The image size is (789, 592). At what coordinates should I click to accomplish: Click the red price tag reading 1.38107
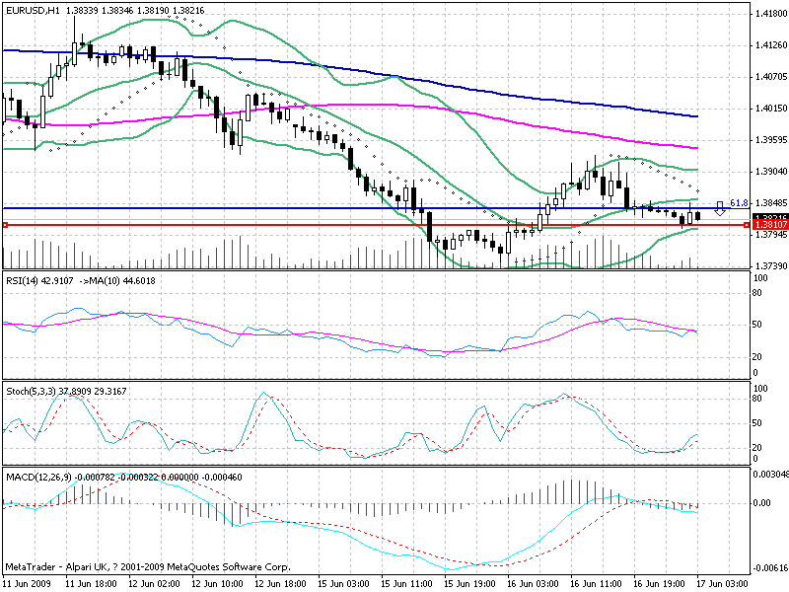769,225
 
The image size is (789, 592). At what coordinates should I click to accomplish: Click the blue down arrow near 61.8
720,207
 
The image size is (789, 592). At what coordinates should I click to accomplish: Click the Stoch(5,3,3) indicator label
31,391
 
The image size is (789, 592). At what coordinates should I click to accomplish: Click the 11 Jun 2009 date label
28,584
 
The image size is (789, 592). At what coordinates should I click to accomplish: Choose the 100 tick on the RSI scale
760,279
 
